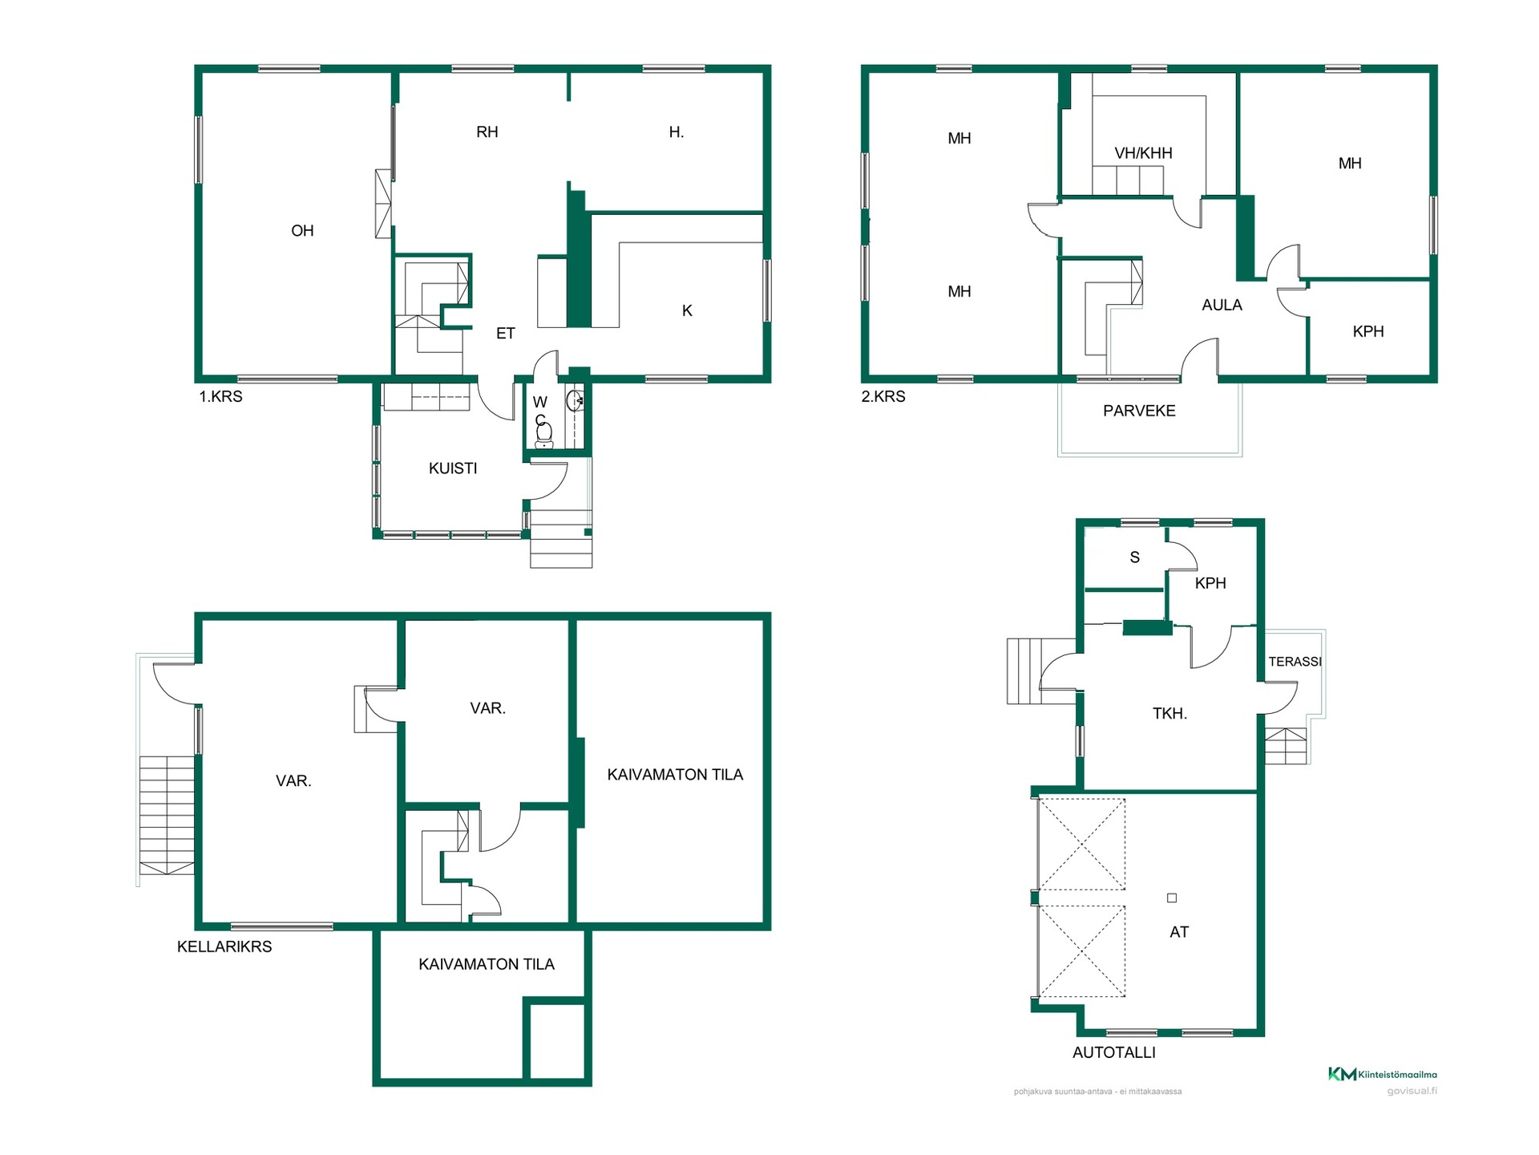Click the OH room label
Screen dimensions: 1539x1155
coord(302,231)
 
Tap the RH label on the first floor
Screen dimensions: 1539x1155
coord(487,132)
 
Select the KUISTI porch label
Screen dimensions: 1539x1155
coord(453,468)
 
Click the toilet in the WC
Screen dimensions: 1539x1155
coord(544,435)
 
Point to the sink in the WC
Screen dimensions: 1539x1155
coord(575,400)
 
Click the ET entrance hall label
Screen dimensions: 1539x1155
coord(505,334)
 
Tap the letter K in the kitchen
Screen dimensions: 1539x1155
coord(687,311)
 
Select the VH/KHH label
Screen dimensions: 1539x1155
coord(1143,153)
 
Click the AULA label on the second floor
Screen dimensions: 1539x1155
coord(1222,306)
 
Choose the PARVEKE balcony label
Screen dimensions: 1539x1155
coord(1139,411)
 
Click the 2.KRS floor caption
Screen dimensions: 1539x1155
coord(883,397)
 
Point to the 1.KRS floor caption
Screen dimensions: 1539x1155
coord(220,397)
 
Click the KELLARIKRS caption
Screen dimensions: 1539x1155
coord(224,947)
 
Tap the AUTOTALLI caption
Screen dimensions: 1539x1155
coord(1114,1053)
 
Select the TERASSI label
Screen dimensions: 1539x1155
coord(1295,662)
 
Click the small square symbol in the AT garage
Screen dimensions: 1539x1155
coord(1172,898)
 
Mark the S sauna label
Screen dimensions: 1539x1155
coord(1134,557)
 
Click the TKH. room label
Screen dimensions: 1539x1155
coord(1169,714)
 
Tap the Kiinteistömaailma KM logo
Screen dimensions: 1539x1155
coord(1382,1074)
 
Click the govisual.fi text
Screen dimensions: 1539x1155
coord(1412,1092)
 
